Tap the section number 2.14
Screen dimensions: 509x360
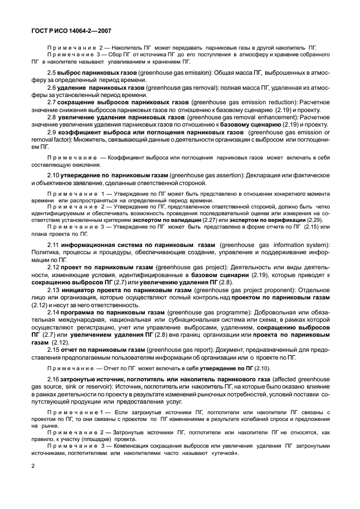53,313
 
